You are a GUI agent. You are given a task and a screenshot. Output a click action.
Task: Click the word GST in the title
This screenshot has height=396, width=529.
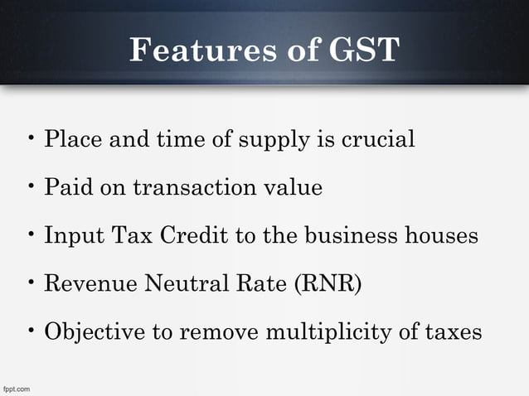point(364,51)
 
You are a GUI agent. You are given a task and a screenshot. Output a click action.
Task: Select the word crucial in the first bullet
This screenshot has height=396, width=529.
point(376,139)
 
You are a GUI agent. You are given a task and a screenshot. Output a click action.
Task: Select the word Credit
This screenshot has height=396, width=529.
point(192,236)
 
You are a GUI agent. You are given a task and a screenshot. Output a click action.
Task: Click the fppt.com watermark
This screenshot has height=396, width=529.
point(17,389)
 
